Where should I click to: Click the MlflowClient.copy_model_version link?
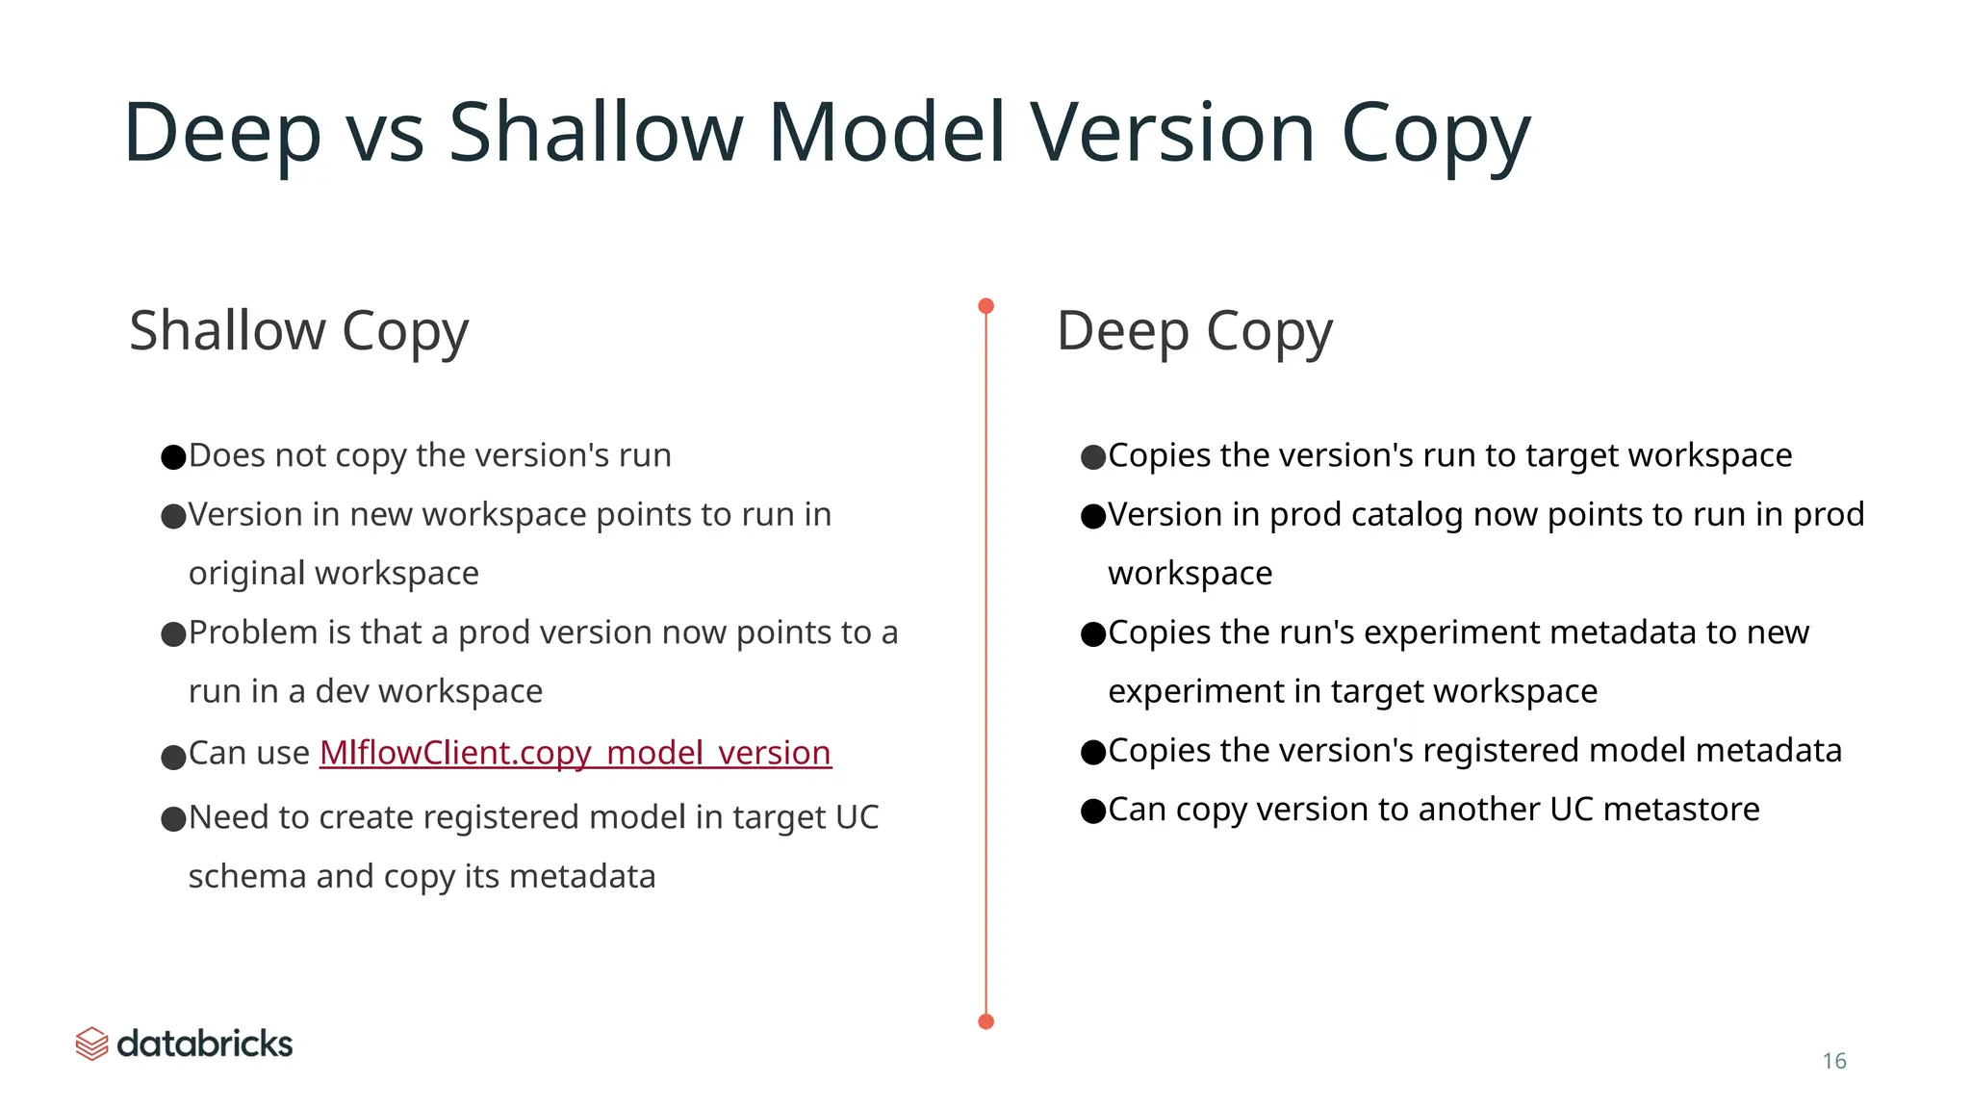pos(575,753)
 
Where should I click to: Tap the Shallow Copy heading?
pos(298,332)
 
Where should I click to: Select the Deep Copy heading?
pos(1193,332)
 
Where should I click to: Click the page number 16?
pos(1833,1061)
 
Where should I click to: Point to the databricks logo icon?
pos(91,1044)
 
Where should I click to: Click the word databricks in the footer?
pos(204,1044)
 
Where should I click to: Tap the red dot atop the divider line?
pos(985,306)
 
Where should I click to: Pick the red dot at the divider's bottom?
pos(985,1021)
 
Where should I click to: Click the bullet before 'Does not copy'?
pos(173,457)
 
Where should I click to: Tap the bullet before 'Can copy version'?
pos(1093,812)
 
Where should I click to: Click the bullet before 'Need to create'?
pos(173,819)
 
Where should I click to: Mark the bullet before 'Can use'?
pos(173,758)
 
